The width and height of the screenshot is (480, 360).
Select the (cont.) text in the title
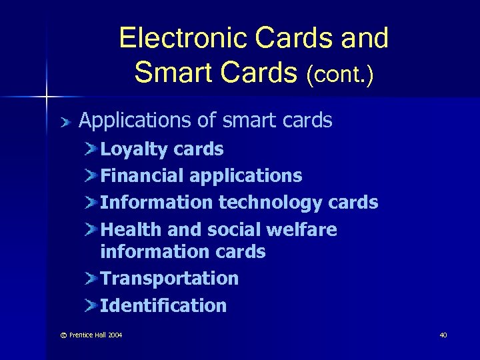click(x=340, y=73)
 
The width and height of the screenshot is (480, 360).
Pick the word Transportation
click(x=169, y=278)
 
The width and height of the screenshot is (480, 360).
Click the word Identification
click(x=163, y=306)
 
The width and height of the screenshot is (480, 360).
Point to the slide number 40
click(x=443, y=335)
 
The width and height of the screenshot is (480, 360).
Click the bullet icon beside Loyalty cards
click(x=91, y=149)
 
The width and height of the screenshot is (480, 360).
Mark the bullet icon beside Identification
click(x=91, y=305)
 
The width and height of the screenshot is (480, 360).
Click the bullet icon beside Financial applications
click(x=91, y=175)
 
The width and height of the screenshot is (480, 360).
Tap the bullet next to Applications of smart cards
click(x=65, y=121)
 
